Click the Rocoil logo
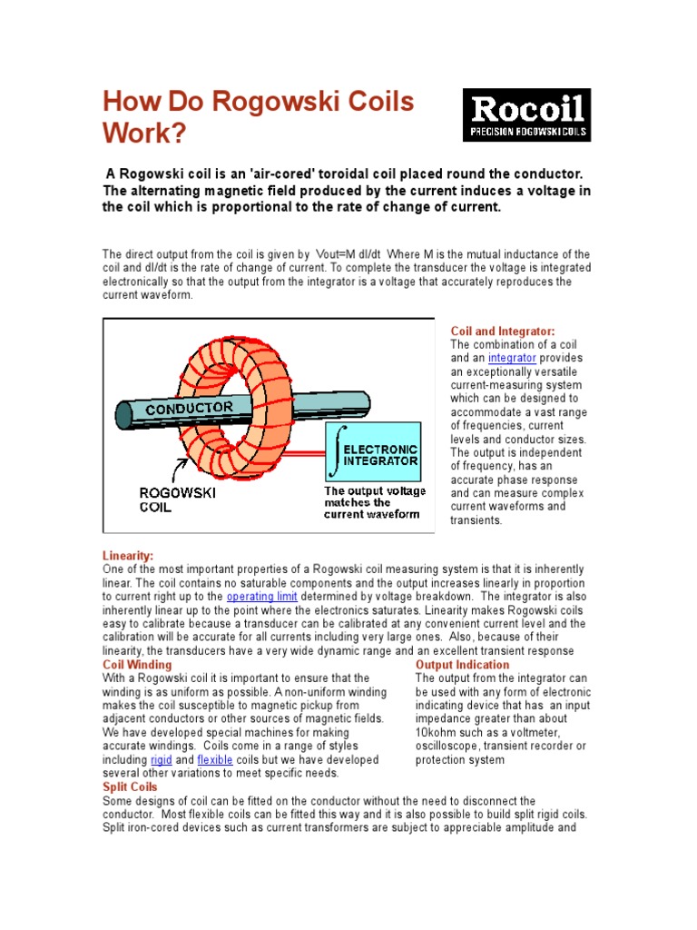pos(526,114)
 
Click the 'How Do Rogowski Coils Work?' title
pos(259,117)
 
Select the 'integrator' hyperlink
pos(513,358)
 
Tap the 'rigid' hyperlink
pos(161,759)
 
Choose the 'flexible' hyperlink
pos(215,759)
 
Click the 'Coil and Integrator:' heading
pos(503,331)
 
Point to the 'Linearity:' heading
pos(128,555)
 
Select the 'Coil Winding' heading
pos(137,665)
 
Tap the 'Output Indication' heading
pos(462,665)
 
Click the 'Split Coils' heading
pos(130,787)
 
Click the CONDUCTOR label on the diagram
pos(190,408)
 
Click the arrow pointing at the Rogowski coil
pos(182,468)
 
